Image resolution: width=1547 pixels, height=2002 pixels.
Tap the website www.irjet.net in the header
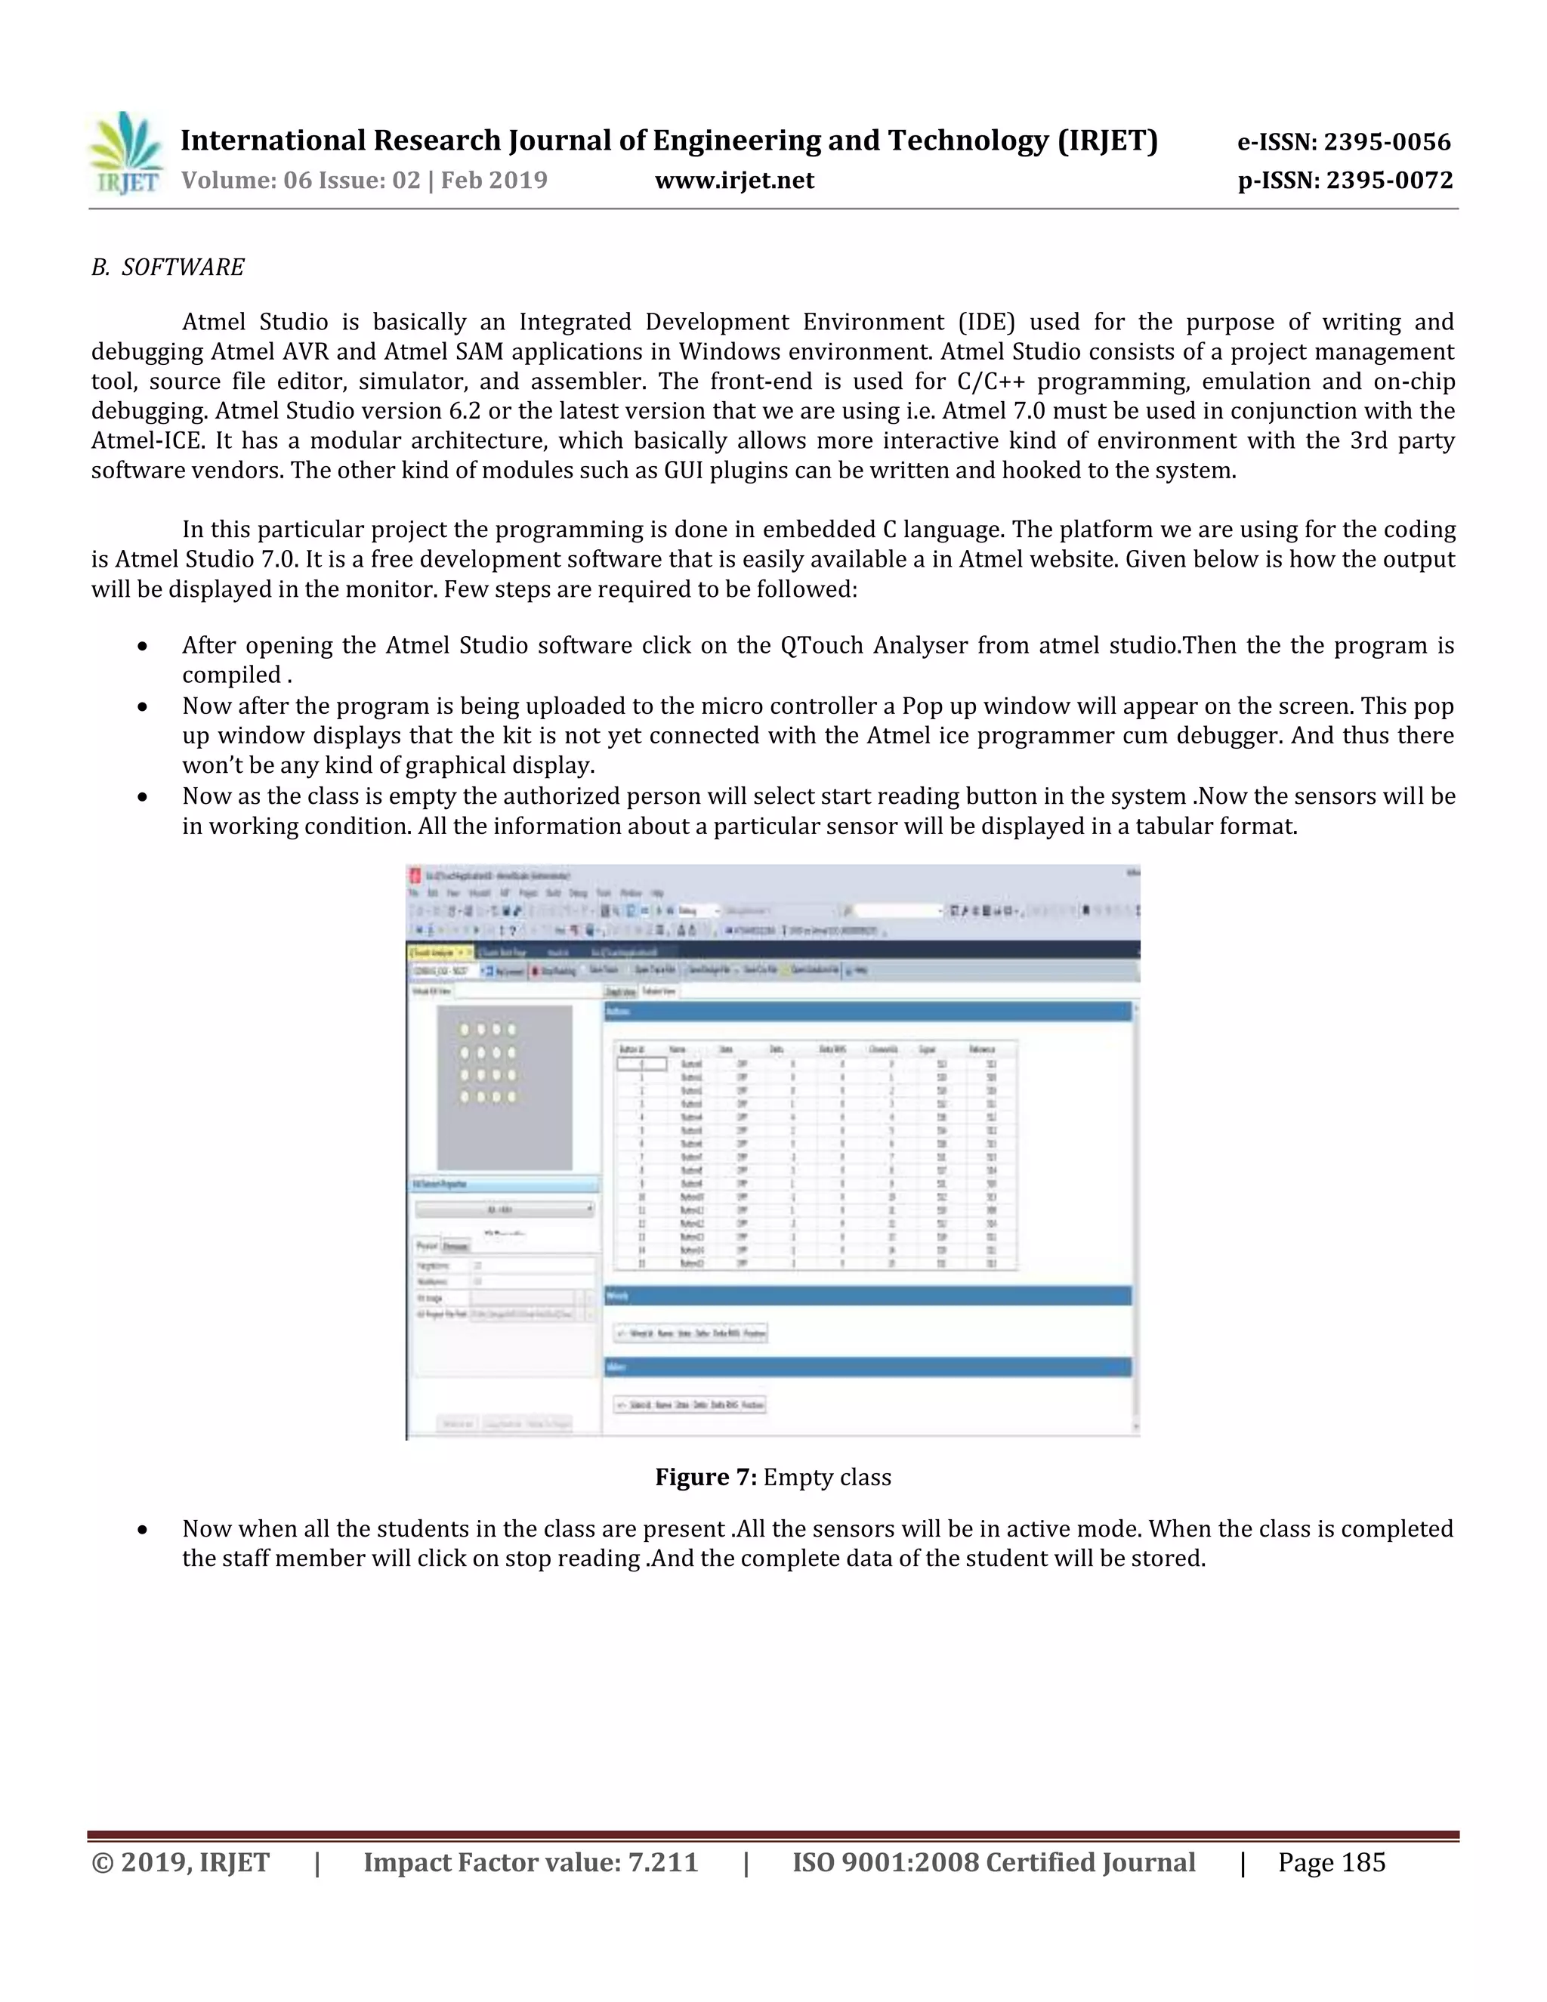click(x=734, y=180)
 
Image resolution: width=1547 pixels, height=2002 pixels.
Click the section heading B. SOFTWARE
click(x=168, y=267)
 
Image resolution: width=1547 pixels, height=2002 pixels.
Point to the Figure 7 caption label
click(x=705, y=1477)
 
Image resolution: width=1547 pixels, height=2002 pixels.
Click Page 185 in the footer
click(x=1331, y=1863)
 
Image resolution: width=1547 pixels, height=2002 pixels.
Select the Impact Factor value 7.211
click(x=662, y=1863)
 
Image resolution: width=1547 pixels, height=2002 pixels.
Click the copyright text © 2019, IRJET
click(x=181, y=1863)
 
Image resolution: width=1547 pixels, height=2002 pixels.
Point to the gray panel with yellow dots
click(x=504, y=1087)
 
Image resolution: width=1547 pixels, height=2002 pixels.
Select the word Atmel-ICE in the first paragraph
click(x=146, y=441)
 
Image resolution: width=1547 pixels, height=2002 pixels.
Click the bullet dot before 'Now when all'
click(x=142, y=1530)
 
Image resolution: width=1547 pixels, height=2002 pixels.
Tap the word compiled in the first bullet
click(x=231, y=675)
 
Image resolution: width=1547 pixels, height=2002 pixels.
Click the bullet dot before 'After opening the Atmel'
click(x=142, y=646)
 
